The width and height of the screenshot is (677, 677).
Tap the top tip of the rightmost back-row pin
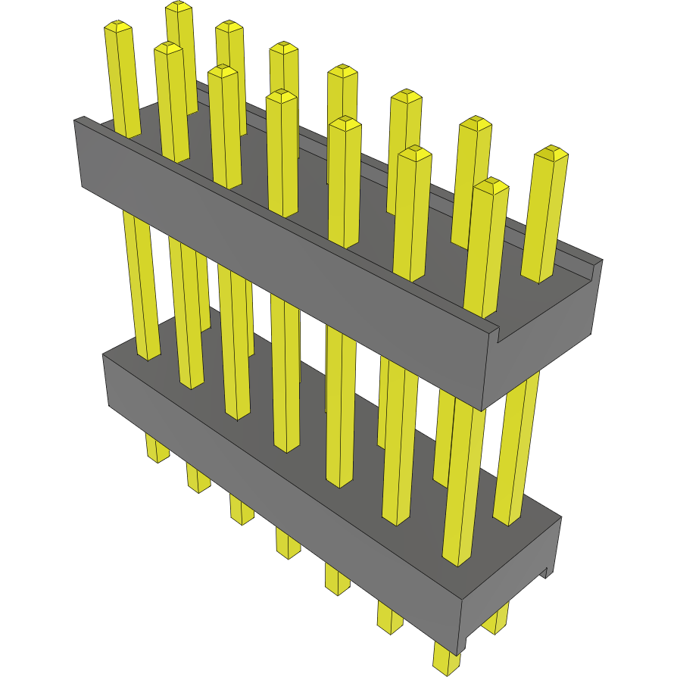point(551,152)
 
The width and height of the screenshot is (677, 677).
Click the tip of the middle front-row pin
point(282,96)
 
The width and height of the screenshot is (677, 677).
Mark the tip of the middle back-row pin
point(342,71)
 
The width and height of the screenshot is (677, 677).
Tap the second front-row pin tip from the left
point(168,48)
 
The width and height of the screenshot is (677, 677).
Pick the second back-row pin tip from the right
point(476,123)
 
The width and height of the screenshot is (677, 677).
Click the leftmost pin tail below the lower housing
point(157,451)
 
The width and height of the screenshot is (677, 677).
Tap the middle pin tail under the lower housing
point(288,544)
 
